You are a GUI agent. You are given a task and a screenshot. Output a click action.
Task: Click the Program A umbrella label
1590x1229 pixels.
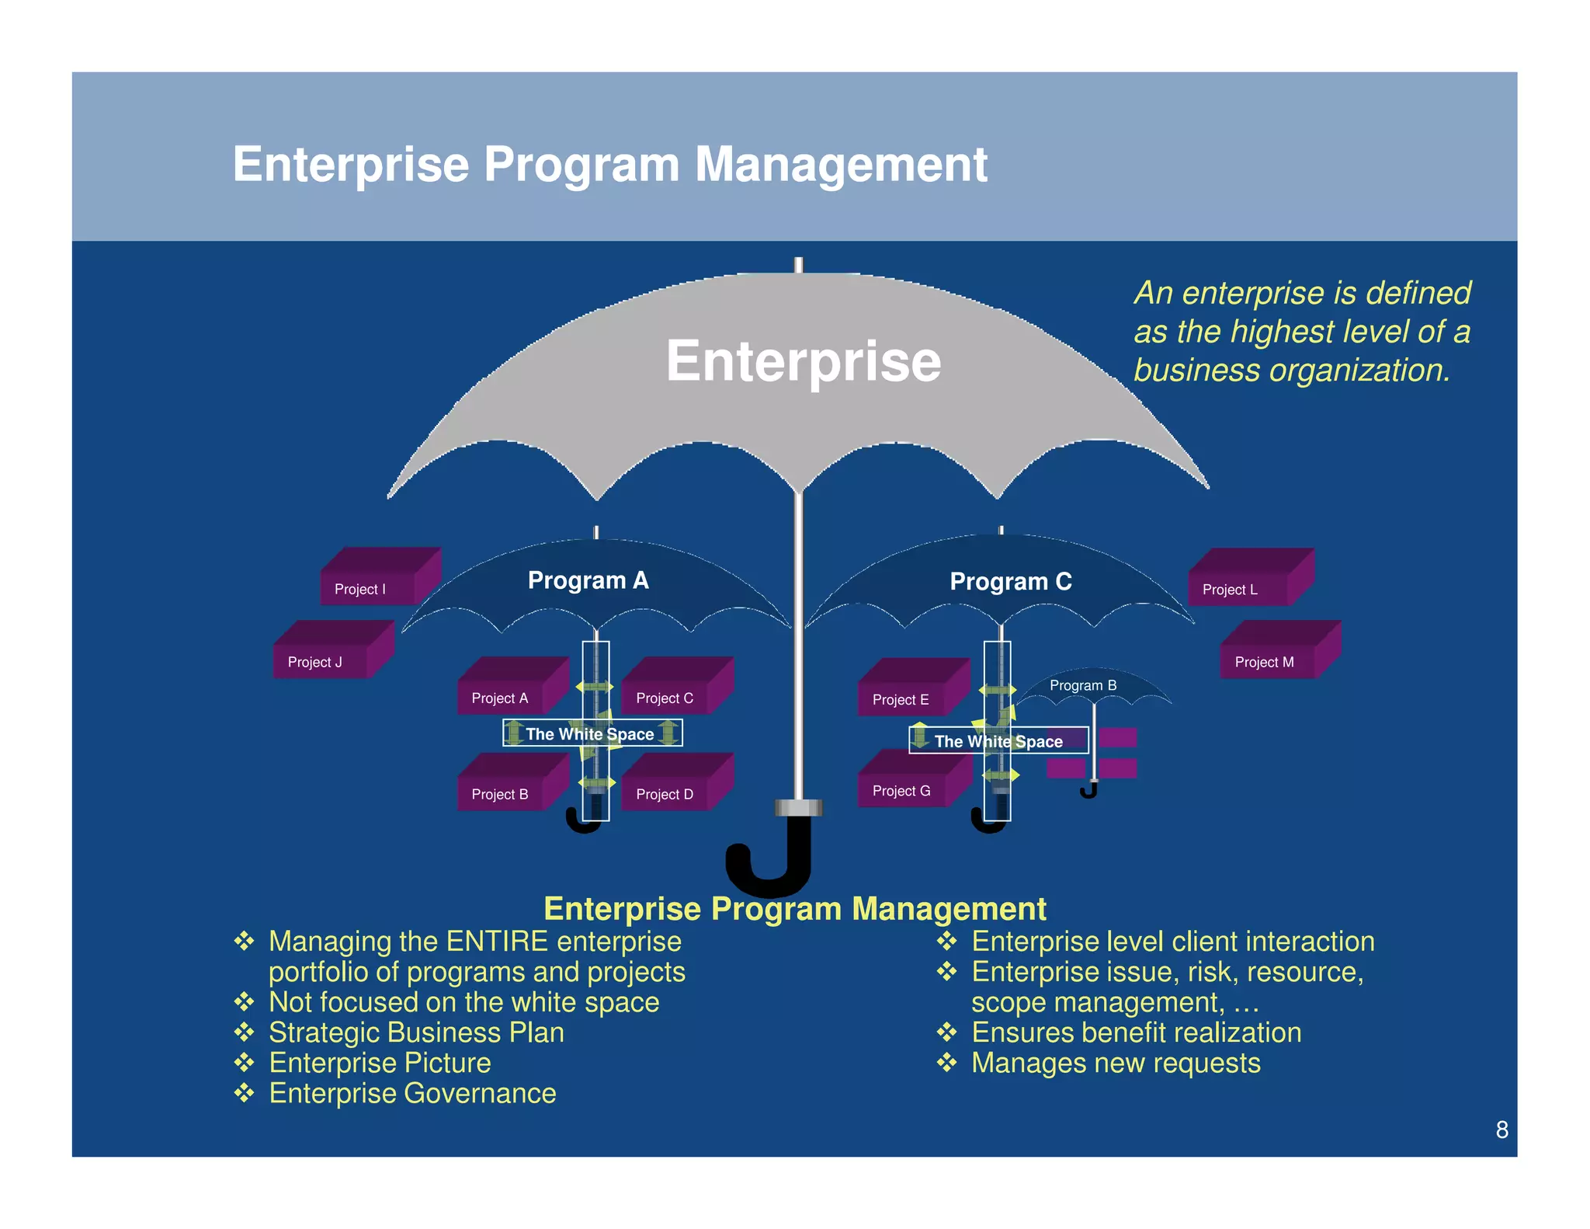click(588, 580)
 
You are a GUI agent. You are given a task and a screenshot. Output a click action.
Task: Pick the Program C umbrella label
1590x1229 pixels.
click(1010, 581)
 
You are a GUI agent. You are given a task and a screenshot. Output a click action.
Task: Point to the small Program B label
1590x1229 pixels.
click(1082, 685)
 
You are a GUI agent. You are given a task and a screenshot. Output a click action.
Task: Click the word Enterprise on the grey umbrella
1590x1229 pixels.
click(803, 362)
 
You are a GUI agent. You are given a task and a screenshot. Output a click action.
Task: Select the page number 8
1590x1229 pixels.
click(1501, 1130)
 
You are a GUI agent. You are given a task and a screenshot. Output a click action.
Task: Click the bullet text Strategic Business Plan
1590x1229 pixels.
click(416, 1032)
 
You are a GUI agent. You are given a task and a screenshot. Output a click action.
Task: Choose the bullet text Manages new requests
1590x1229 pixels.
click(1116, 1063)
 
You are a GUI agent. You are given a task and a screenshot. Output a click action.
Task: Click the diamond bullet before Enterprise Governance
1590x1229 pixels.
click(245, 1093)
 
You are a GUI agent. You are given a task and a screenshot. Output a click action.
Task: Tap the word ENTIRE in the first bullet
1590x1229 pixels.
click(498, 942)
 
